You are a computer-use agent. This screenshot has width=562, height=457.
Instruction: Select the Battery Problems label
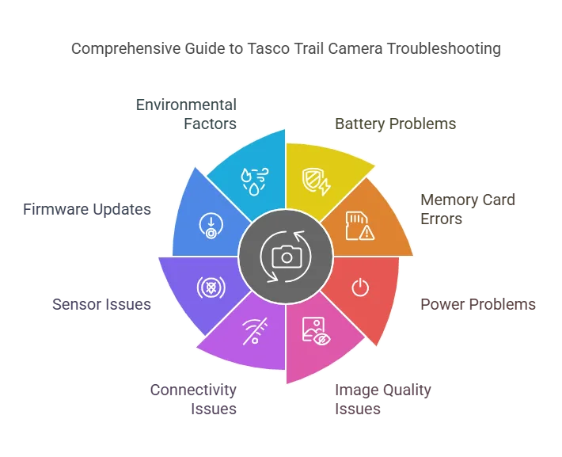(x=395, y=124)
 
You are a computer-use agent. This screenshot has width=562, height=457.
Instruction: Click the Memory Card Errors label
(x=468, y=209)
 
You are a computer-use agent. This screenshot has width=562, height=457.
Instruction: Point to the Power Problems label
(x=478, y=304)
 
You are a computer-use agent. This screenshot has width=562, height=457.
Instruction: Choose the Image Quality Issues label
(x=383, y=399)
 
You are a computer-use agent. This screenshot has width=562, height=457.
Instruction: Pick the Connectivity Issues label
(x=193, y=399)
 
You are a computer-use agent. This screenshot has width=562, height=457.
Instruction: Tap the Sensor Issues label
(x=102, y=304)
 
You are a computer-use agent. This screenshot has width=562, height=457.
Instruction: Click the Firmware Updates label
(x=87, y=209)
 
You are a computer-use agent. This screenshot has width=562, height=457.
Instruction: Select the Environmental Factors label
(x=186, y=114)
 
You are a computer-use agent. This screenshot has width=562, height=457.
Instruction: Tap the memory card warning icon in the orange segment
(x=360, y=226)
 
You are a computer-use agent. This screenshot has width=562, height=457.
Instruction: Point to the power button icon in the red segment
(x=360, y=288)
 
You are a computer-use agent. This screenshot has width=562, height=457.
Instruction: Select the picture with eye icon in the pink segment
(x=316, y=331)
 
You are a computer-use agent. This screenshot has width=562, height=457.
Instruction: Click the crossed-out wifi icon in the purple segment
(x=255, y=331)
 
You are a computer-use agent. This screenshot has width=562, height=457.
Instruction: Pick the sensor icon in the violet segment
(x=211, y=288)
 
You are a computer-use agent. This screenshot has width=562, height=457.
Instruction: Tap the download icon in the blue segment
(x=211, y=226)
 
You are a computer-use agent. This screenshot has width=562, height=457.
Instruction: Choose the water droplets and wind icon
(x=255, y=181)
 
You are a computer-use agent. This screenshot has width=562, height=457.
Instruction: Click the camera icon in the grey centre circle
(x=287, y=256)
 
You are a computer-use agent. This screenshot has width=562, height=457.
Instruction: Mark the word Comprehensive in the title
(x=125, y=49)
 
